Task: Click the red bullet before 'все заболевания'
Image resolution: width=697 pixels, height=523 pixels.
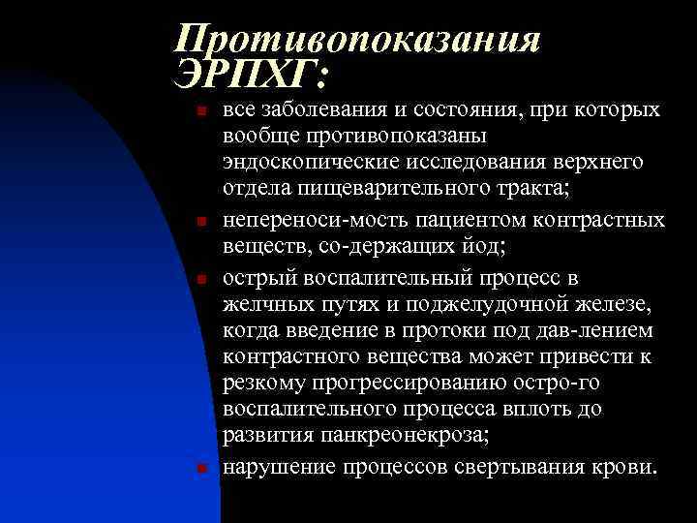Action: coord(201,112)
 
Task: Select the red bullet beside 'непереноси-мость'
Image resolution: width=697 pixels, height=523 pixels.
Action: coord(201,222)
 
